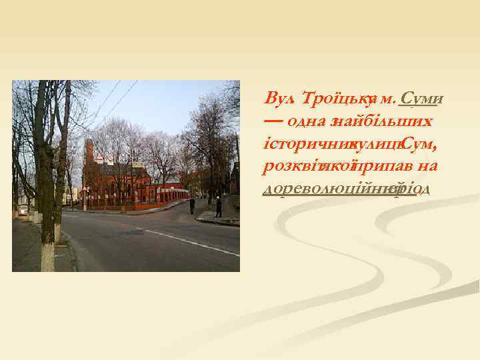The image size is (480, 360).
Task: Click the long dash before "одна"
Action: [273, 122]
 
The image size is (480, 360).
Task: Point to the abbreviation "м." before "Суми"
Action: [387, 99]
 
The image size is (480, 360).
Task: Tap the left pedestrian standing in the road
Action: [192, 205]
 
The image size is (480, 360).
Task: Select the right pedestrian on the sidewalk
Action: [218, 207]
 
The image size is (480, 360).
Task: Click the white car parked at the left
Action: [24, 211]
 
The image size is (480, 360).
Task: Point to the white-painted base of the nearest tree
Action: [47, 257]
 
